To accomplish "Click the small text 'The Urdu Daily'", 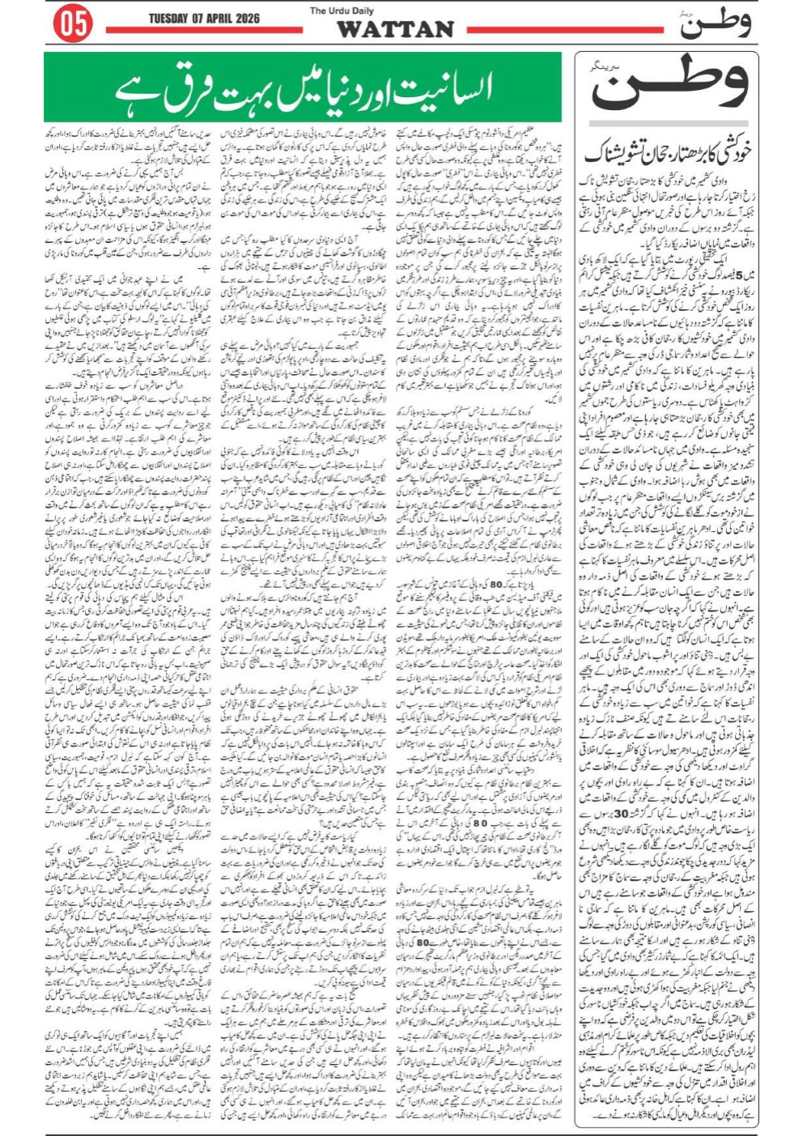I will [341, 11].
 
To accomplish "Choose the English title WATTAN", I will [395, 29].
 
